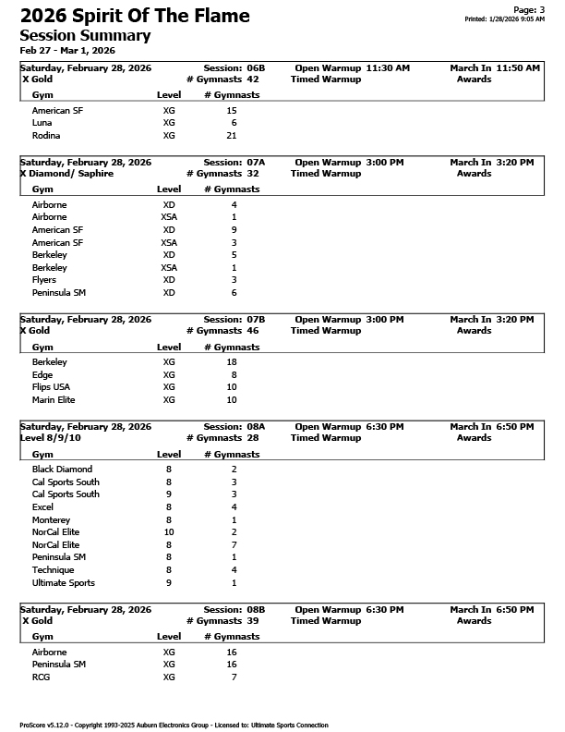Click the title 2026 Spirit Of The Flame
(x=135, y=16)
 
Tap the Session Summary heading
(x=85, y=35)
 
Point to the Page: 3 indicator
(x=526, y=8)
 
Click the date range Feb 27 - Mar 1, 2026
(x=67, y=50)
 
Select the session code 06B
(x=256, y=68)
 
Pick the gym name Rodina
(x=44, y=135)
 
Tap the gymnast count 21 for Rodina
(x=232, y=135)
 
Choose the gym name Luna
(x=42, y=123)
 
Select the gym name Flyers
(x=44, y=280)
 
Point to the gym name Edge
(x=42, y=375)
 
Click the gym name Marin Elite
(x=53, y=400)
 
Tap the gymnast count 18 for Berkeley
(x=232, y=362)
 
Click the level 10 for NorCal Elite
(x=169, y=532)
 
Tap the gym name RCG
(x=41, y=677)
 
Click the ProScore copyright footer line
(x=174, y=726)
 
